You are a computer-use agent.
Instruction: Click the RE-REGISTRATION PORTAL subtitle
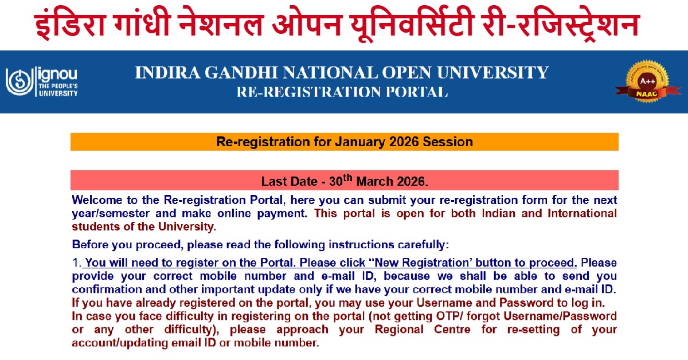(342, 92)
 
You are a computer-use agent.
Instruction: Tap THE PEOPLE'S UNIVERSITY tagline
(57, 89)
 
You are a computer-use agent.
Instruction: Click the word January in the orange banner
(342, 142)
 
